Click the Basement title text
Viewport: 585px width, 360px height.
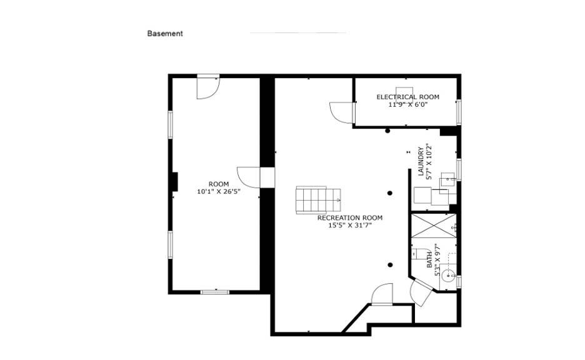click(x=165, y=34)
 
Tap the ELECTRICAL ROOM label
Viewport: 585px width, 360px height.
click(x=407, y=97)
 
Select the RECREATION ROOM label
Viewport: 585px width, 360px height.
click(x=350, y=218)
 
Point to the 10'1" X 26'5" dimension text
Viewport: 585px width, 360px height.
click(x=219, y=192)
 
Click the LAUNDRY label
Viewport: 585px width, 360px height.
click(x=421, y=161)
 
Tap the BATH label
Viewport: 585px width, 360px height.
click(x=429, y=260)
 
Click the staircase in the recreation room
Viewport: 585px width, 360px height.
click(x=319, y=201)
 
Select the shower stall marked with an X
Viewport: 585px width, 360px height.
click(x=434, y=226)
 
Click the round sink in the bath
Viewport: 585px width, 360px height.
click(x=447, y=276)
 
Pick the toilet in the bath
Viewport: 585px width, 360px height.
click(x=419, y=253)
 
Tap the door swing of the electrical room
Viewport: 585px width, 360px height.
click(x=341, y=112)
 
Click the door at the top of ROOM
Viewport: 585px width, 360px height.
click(x=208, y=88)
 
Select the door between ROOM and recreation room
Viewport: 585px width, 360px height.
click(x=249, y=177)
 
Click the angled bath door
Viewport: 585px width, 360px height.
click(x=421, y=292)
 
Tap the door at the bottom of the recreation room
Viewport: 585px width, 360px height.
click(x=382, y=294)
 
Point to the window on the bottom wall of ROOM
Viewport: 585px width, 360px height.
click(x=215, y=292)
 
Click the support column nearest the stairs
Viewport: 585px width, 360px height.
click(x=390, y=193)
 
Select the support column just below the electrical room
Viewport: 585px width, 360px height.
click(x=387, y=131)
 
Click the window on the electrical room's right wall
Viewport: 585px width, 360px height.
click(x=459, y=112)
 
